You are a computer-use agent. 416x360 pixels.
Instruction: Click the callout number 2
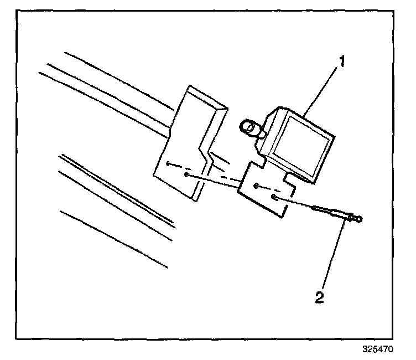pos(319,297)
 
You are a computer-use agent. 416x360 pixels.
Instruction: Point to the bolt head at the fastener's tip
pos(358,220)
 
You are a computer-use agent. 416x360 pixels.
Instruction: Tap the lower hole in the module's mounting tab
pos(273,197)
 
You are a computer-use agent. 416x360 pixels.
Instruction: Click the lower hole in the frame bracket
pos(186,175)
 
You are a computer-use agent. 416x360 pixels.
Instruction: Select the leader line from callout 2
pos(334,255)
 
